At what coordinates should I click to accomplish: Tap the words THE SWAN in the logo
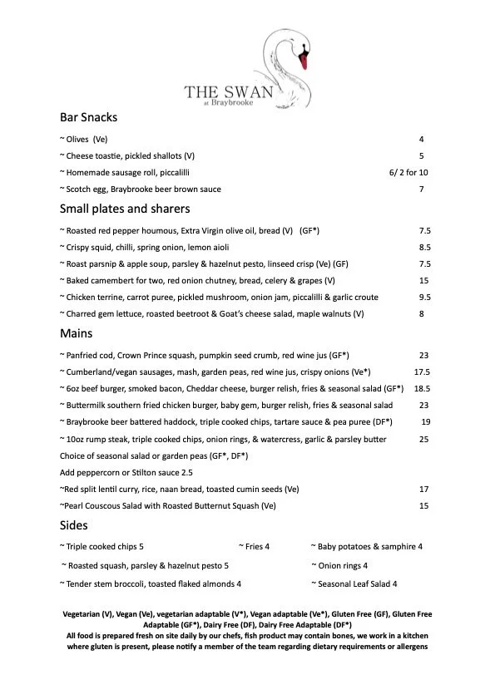tap(229, 91)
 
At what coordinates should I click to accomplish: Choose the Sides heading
tap(74, 525)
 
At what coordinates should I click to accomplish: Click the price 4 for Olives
tap(422, 139)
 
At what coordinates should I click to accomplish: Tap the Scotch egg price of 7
tap(422, 189)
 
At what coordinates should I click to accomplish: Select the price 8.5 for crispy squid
tap(424, 247)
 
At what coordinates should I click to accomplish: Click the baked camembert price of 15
tap(423, 280)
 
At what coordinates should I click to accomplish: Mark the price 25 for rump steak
tap(423, 438)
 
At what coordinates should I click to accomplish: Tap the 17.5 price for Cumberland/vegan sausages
tap(422, 372)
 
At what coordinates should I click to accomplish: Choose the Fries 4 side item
tap(255, 546)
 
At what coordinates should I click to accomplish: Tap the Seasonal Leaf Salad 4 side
tap(354, 583)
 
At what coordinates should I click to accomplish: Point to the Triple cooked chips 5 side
tap(102, 546)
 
